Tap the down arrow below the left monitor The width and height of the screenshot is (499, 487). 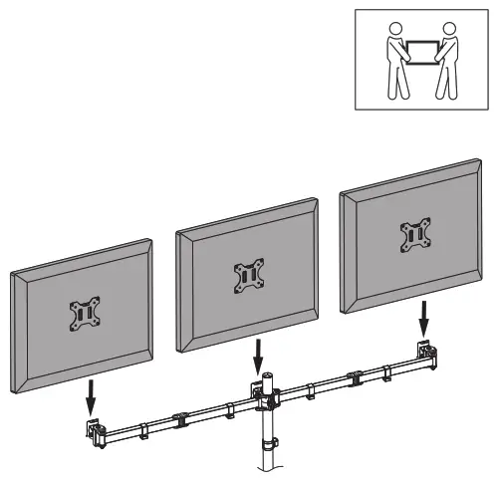91,399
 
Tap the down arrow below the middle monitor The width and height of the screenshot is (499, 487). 260,354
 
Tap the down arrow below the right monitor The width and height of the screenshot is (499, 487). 426,320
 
